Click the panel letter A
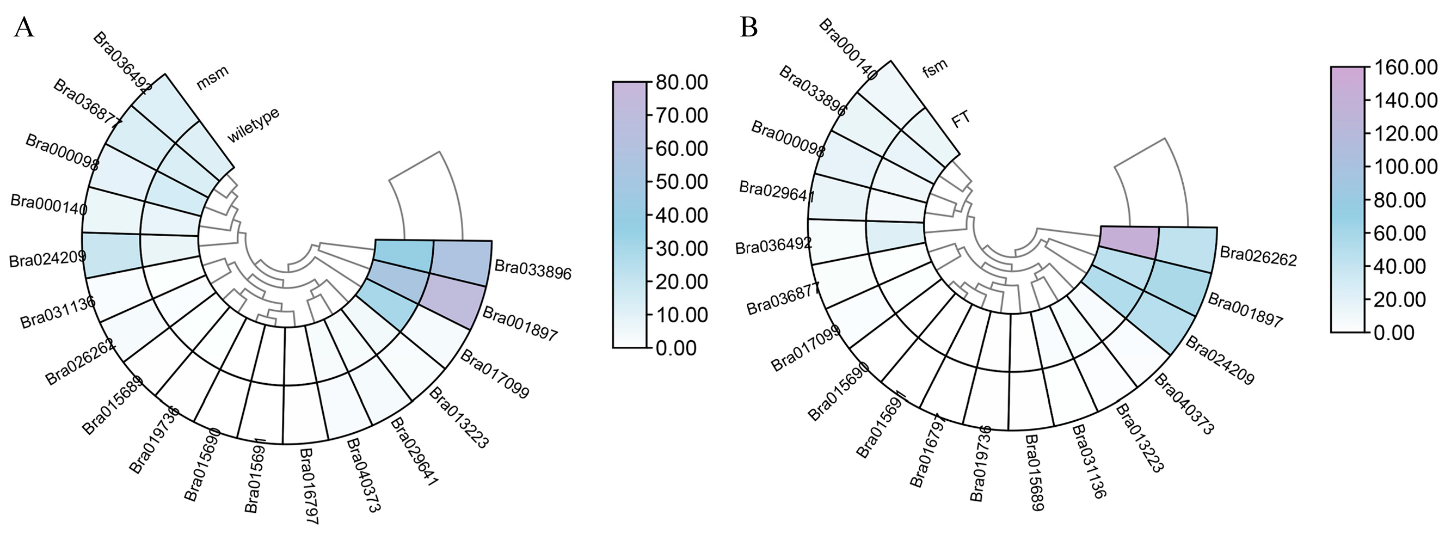point(23,27)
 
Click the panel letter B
point(749,27)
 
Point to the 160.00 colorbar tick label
point(1405,67)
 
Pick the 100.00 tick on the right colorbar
point(1405,167)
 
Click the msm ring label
point(212,78)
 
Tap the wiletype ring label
point(253,125)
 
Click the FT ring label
point(961,119)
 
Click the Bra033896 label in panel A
point(532,270)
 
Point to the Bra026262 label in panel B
point(1258,256)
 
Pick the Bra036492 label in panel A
point(122,62)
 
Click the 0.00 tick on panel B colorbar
point(1397,333)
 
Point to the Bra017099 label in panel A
point(494,373)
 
